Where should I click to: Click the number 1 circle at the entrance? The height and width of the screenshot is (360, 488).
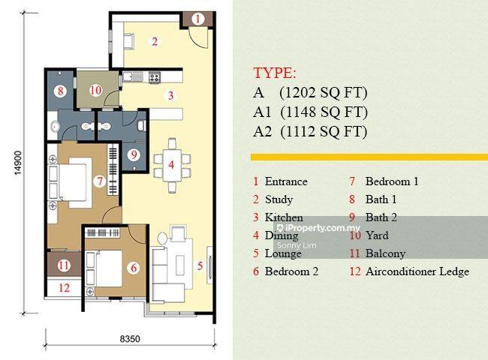click(197, 19)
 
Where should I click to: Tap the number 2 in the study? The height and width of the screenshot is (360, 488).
click(155, 42)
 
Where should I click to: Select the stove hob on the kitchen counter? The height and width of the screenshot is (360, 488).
click(155, 77)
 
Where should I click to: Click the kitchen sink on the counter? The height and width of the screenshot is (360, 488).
click(133, 76)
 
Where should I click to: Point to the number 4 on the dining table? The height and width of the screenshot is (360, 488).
click(171, 165)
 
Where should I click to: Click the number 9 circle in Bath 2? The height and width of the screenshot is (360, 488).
click(134, 154)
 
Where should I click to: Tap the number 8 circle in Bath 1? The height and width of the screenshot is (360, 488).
click(60, 91)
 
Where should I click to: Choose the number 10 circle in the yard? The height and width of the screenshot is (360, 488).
click(95, 91)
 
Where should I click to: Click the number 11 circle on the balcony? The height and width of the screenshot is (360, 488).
click(64, 265)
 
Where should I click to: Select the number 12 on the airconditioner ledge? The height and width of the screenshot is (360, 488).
click(64, 288)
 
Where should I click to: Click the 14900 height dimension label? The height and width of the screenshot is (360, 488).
click(18, 163)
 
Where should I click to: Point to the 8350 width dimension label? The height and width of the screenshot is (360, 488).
click(130, 338)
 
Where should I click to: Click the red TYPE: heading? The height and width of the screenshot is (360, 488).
click(275, 73)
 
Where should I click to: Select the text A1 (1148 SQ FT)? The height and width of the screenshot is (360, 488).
click(310, 112)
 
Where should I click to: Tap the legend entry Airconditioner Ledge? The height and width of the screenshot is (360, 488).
click(417, 271)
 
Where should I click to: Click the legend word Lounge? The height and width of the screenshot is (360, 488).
click(283, 253)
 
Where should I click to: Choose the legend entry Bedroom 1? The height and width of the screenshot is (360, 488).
click(392, 181)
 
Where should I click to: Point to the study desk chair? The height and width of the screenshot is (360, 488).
click(129, 41)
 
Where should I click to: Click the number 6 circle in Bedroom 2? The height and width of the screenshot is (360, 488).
click(134, 268)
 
